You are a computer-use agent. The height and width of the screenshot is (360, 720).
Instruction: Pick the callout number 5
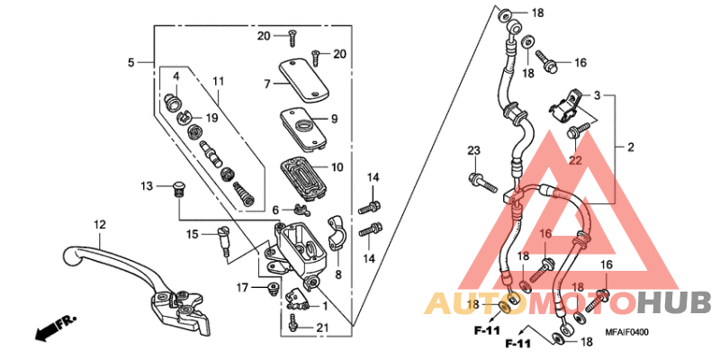point(130,62)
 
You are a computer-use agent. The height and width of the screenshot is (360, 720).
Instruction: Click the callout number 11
point(218,82)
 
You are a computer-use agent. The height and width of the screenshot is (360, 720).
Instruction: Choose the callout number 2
point(631,147)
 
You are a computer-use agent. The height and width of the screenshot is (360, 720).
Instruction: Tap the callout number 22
point(576,160)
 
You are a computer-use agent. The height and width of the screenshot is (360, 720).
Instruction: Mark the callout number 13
point(148,185)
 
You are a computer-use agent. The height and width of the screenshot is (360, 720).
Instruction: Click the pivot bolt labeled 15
point(221,240)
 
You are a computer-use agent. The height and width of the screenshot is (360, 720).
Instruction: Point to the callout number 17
point(242,287)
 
